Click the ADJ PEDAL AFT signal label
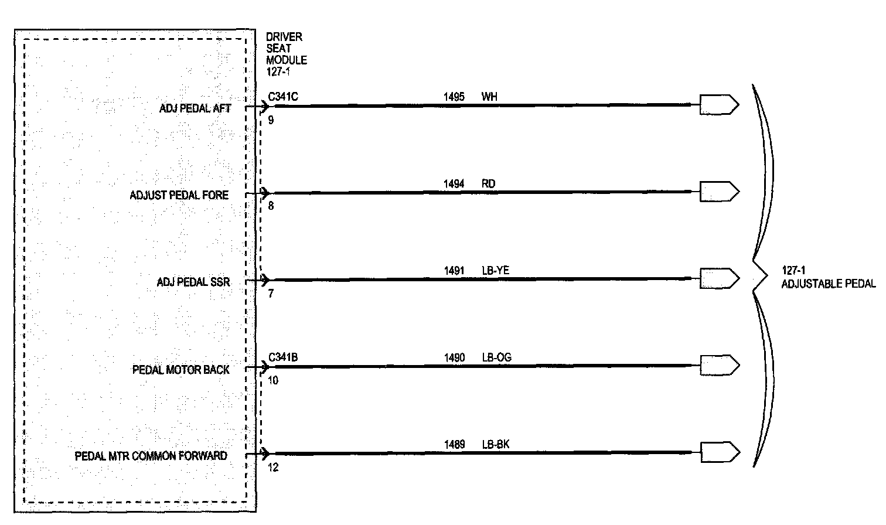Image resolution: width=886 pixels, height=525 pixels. click(195, 108)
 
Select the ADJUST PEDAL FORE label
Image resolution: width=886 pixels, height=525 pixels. click(179, 195)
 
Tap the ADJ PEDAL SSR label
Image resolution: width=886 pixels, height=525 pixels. click(193, 282)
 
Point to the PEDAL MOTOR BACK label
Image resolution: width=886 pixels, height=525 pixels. click(181, 370)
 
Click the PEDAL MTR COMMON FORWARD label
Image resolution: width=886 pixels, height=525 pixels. click(151, 456)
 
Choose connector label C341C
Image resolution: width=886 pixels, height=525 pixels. click(283, 97)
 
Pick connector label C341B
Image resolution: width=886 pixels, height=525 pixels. click(283, 357)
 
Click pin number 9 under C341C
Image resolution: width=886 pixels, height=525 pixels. click(271, 121)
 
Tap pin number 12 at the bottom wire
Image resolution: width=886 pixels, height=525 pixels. click(273, 468)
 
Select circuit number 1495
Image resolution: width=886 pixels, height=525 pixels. click(454, 97)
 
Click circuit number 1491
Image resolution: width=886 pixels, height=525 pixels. click(454, 271)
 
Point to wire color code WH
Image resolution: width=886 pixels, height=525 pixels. click(489, 97)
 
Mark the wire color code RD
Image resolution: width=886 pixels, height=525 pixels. click(488, 184)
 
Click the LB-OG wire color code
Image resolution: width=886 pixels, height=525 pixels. click(496, 357)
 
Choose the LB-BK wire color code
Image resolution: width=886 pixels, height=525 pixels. click(496, 445)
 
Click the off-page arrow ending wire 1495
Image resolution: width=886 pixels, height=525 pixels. click(719, 105)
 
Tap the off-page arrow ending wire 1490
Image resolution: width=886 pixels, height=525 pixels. click(719, 366)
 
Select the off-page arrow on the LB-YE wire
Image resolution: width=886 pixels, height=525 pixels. click(719, 278)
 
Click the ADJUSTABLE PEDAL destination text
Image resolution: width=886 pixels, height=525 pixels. click(828, 284)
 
